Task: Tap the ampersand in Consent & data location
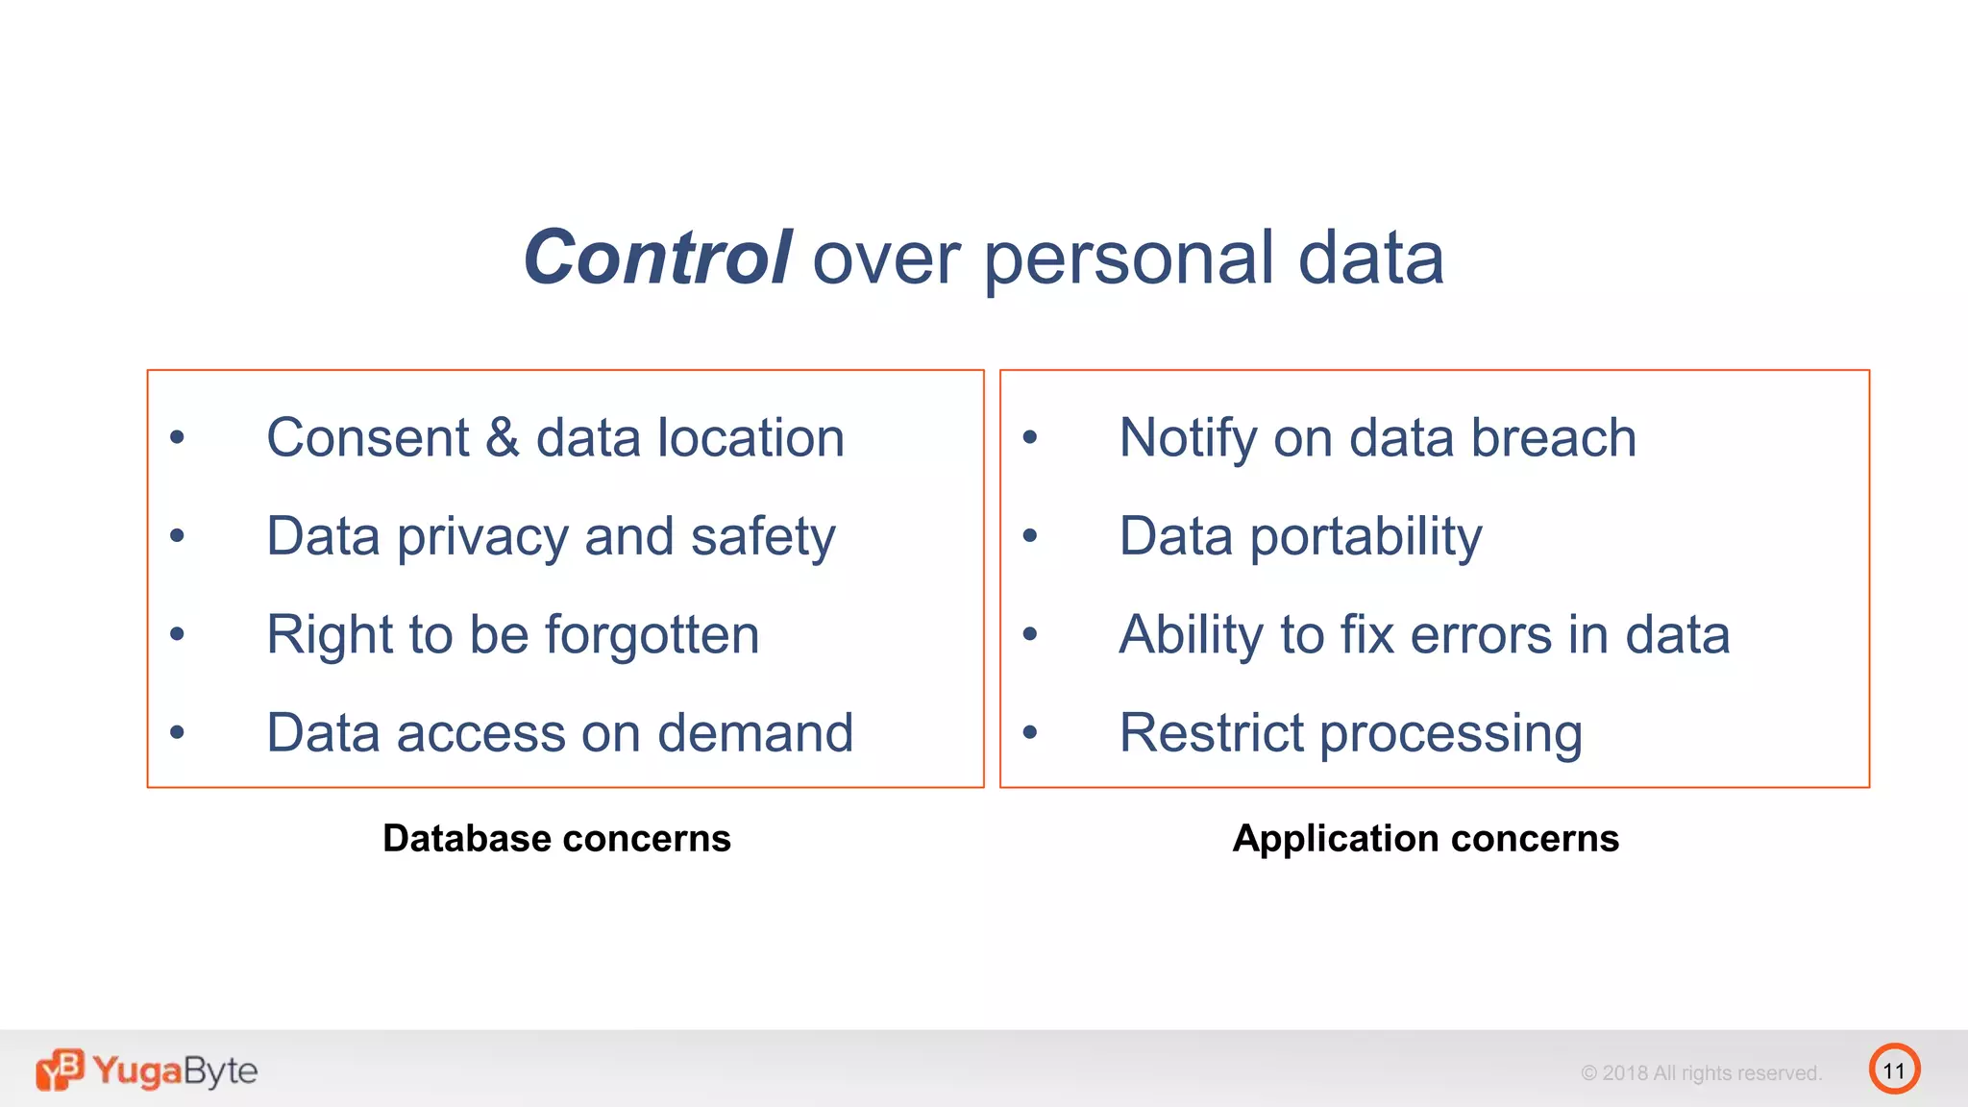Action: [x=502, y=438]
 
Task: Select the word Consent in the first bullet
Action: [x=368, y=438]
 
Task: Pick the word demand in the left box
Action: [x=755, y=733]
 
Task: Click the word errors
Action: [x=1480, y=635]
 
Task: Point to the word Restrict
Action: [x=1211, y=733]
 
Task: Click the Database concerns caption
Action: [x=556, y=838]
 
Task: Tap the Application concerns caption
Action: [x=1425, y=838]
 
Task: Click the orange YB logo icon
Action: [x=60, y=1070]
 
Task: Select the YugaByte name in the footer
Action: [x=175, y=1070]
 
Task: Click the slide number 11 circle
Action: [x=1894, y=1070]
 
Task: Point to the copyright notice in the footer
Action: [x=1701, y=1072]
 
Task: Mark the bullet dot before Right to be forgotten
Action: [x=177, y=634]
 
